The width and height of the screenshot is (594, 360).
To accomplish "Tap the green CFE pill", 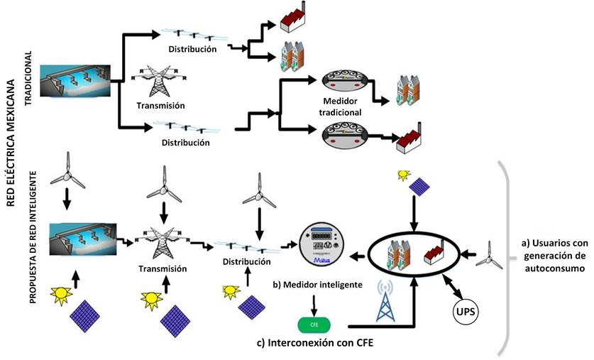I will (x=314, y=325).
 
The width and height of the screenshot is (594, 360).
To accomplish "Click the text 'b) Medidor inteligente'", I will (x=317, y=285).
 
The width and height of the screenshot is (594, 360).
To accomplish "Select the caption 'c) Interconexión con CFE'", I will (x=315, y=344).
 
